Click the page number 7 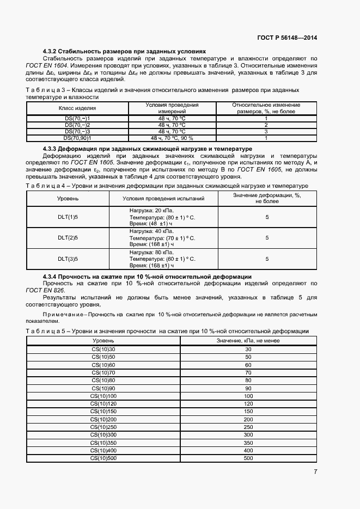pos(315,472)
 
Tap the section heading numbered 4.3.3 pos(147,149)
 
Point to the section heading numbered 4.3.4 pos(147,277)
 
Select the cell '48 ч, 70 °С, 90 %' pos(172,138)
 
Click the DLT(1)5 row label pos(68,217)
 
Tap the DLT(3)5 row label pos(68,259)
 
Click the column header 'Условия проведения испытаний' pos(163,199)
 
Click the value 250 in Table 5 pos(248,427)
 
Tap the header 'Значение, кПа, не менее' pos(248,340)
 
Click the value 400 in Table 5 pos(248,451)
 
